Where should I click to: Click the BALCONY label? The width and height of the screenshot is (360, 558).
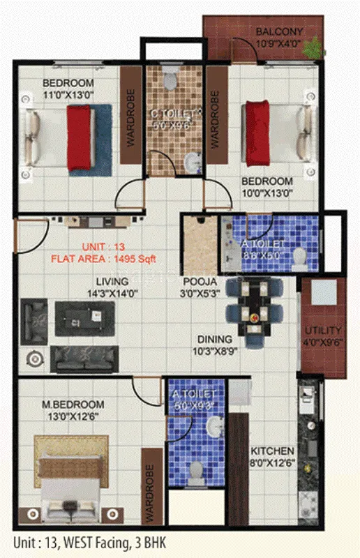(x=279, y=32)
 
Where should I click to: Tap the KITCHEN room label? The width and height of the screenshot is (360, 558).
(x=273, y=451)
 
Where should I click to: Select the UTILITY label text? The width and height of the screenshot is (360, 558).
(x=324, y=330)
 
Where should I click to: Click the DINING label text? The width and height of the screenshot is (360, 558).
(x=214, y=339)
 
